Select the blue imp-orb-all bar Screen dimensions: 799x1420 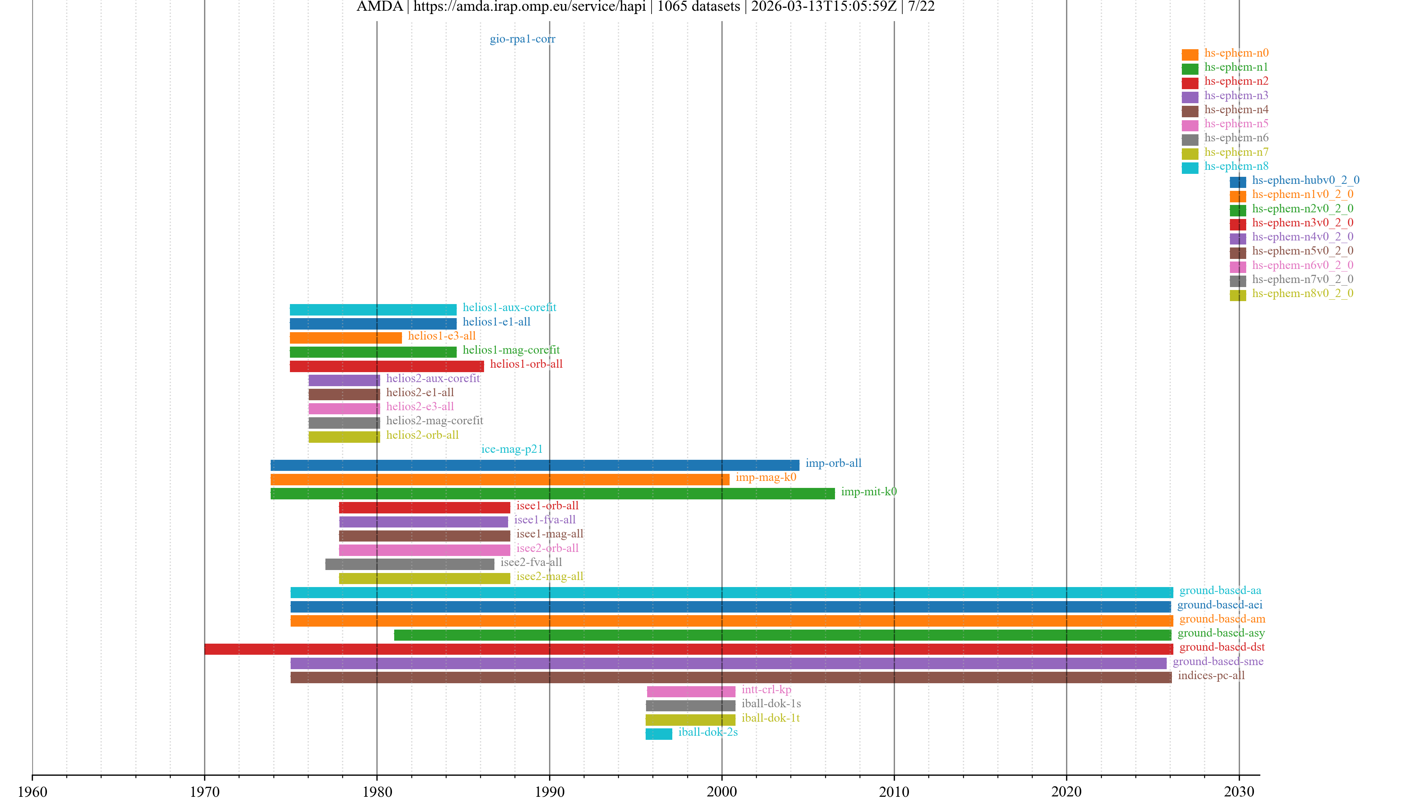click(535, 465)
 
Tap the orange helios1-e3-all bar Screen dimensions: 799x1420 click(346, 337)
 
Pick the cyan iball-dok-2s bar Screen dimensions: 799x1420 click(659, 734)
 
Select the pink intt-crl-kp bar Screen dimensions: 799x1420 click(691, 691)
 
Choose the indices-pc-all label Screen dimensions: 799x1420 click(1211, 675)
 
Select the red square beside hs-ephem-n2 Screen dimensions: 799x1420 click(1190, 83)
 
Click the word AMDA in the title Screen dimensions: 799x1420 click(379, 7)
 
